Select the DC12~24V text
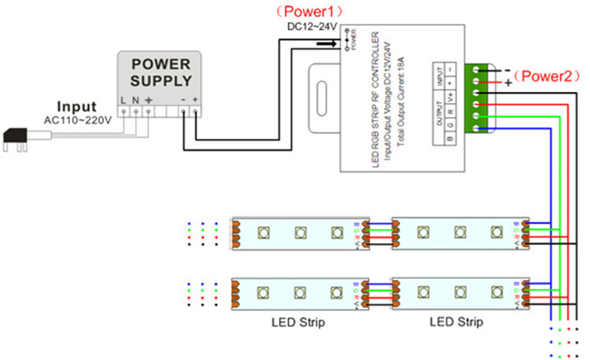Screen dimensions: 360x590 point(312,27)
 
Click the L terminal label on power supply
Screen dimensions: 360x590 point(124,101)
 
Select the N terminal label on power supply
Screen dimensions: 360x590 point(136,101)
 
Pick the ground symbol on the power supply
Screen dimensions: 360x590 point(149,101)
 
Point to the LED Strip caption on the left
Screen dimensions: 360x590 point(297,322)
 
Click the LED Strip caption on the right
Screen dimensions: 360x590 point(456,322)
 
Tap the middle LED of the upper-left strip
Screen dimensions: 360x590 point(300,233)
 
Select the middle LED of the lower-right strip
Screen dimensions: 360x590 point(459,293)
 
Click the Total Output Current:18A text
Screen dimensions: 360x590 point(404,102)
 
